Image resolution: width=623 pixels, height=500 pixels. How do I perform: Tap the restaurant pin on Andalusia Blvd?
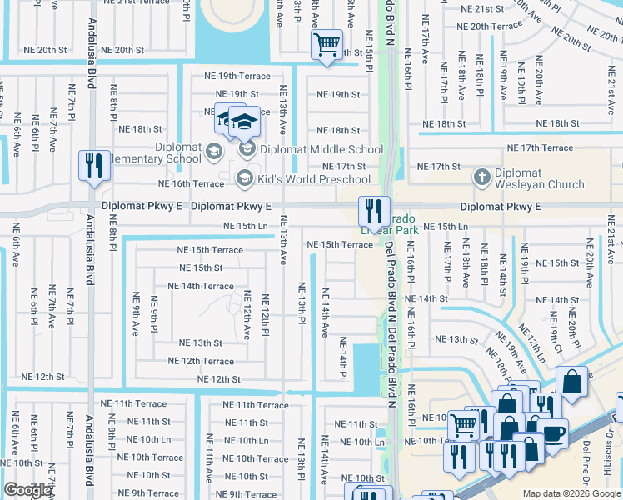(93, 165)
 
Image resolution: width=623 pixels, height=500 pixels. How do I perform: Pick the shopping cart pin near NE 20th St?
(327, 45)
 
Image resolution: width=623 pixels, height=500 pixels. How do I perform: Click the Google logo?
(27, 491)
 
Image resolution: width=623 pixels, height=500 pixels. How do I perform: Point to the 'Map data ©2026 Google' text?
(571, 493)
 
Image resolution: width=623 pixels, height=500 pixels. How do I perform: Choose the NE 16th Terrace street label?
(192, 184)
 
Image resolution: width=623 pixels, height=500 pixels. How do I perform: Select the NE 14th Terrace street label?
(201, 286)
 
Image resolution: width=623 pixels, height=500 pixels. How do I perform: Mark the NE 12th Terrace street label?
(201, 361)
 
